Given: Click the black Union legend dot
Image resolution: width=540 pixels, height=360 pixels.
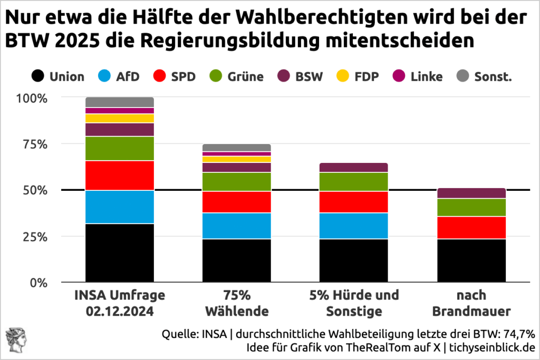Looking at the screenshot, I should (x=38, y=76).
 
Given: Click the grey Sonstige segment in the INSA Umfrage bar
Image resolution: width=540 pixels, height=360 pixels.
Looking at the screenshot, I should (x=120, y=102).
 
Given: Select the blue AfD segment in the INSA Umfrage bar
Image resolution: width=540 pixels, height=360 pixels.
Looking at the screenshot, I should (x=120, y=207).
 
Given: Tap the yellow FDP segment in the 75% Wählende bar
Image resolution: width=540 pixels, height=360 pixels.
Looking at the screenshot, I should (x=237, y=159).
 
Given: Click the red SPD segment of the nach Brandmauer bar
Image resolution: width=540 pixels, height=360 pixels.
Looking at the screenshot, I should (x=471, y=227).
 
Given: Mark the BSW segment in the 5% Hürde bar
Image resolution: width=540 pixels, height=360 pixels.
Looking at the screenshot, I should (x=354, y=167).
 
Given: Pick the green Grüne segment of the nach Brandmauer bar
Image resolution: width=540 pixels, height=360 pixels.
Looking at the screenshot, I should (x=471, y=207).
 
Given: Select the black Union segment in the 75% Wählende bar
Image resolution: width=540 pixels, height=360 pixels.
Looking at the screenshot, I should (x=237, y=260).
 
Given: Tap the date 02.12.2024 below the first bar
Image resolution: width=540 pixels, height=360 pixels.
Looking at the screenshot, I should (x=120, y=312).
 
